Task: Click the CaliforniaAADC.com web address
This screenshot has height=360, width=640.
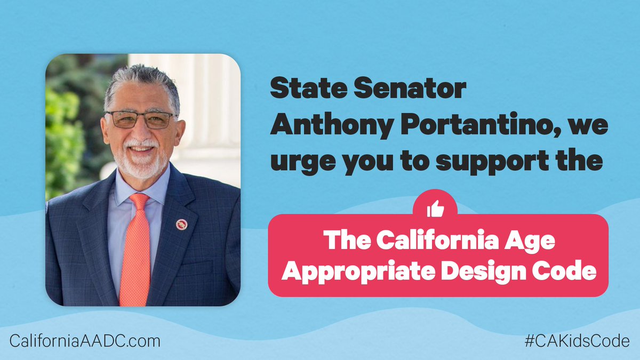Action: [85, 340]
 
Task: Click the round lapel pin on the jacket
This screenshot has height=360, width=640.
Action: [181, 224]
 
